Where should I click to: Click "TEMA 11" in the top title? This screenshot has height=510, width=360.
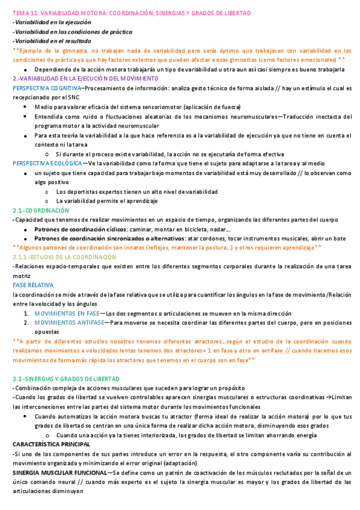(x=26, y=13)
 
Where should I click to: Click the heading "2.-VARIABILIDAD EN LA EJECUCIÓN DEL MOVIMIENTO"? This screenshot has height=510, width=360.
(x=85, y=78)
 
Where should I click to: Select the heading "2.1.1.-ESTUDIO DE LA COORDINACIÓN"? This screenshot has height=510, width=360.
(x=64, y=257)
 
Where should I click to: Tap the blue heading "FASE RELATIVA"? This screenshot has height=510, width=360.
(x=33, y=284)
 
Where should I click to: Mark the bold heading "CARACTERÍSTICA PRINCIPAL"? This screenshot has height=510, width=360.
(x=51, y=444)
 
